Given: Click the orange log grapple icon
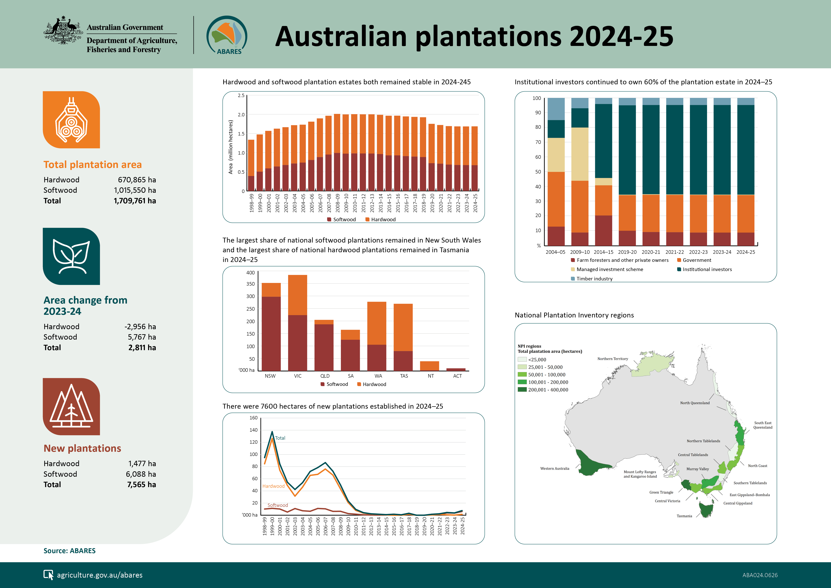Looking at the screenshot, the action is [x=71, y=120].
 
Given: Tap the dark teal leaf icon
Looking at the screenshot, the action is [x=71, y=256].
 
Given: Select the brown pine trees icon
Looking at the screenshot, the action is [x=71, y=407].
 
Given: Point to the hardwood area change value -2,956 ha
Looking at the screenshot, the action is [x=140, y=327].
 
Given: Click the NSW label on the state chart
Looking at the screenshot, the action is [x=270, y=376].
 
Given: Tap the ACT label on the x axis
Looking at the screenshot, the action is [x=457, y=376].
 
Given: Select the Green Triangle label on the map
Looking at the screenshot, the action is [x=661, y=492].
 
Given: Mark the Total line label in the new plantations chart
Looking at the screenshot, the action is [x=280, y=438].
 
